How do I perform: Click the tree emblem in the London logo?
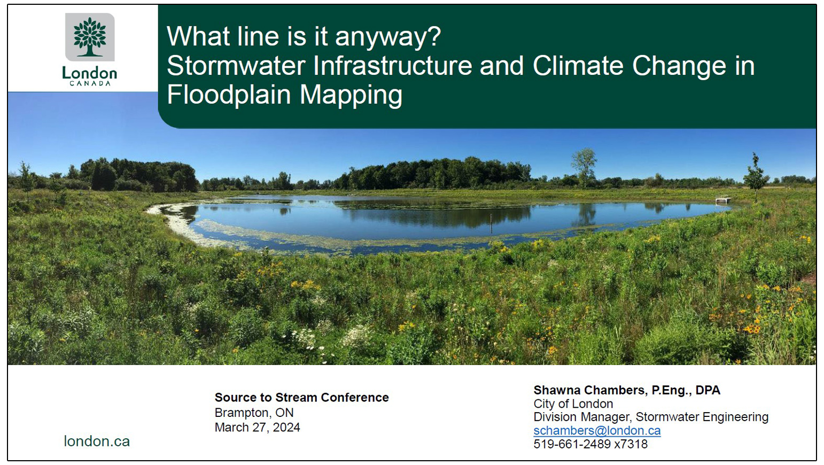[90, 36]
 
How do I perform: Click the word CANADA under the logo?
[90, 83]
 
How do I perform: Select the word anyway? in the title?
[388, 37]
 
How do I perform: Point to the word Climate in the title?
[578, 66]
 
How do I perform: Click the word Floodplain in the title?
[229, 95]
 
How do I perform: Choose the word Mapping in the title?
[351, 95]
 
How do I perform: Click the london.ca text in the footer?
[97, 441]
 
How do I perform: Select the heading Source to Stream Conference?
[301, 398]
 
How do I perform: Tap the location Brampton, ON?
[254, 413]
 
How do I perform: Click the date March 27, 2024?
[257, 428]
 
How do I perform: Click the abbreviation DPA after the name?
[708, 390]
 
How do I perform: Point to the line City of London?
[573, 404]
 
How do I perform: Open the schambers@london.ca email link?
[597, 431]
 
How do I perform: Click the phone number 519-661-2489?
[572, 444]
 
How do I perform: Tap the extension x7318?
[631, 444]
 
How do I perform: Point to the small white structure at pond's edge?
[723, 200]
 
